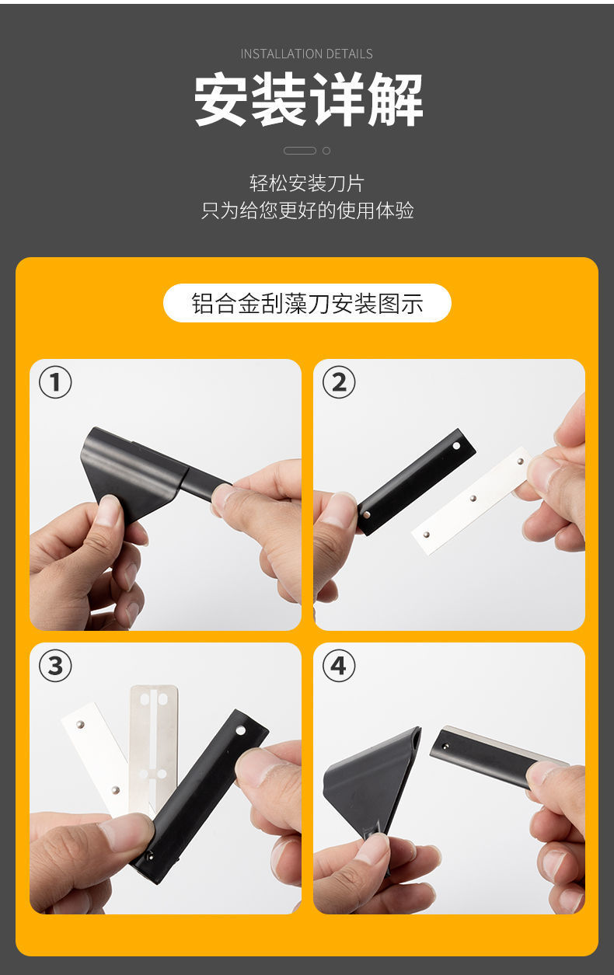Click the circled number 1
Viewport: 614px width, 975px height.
click(x=55, y=382)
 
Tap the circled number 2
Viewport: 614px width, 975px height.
click(x=339, y=382)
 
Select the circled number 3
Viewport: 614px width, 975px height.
click(x=55, y=666)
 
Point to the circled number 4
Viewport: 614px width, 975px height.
click(x=339, y=666)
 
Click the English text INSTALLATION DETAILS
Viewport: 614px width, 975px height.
click(x=306, y=54)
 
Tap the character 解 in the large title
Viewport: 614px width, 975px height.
click(x=396, y=99)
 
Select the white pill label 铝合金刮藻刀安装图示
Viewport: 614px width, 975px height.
click(x=307, y=303)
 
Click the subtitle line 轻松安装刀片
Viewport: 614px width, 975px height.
click(x=306, y=183)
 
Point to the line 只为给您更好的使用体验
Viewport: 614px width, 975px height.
click(x=307, y=211)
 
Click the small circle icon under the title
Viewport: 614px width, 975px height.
click(x=326, y=151)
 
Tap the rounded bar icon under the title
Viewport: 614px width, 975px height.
click(x=299, y=151)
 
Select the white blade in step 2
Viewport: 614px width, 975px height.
click(x=473, y=500)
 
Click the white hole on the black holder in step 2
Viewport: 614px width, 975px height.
click(x=456, y=446)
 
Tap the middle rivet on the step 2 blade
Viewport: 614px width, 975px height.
click(x=473, y=498)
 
